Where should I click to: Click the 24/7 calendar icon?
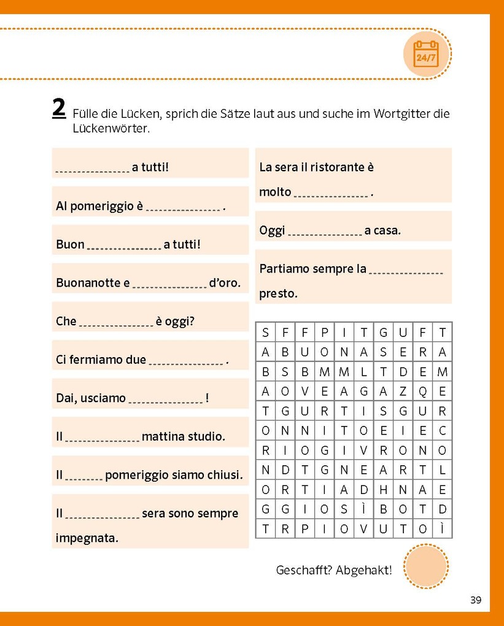(426, 54)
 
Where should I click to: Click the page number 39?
(476, 600)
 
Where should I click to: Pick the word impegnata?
(87, 538)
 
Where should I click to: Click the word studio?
(207, 437)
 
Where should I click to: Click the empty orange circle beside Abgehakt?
(426, 566)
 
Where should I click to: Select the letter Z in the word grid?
(403, 392)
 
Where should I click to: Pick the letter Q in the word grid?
(422, 392)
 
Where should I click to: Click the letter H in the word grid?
(383, 490)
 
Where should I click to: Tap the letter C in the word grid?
(442, 431)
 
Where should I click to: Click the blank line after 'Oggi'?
(325, 232)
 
